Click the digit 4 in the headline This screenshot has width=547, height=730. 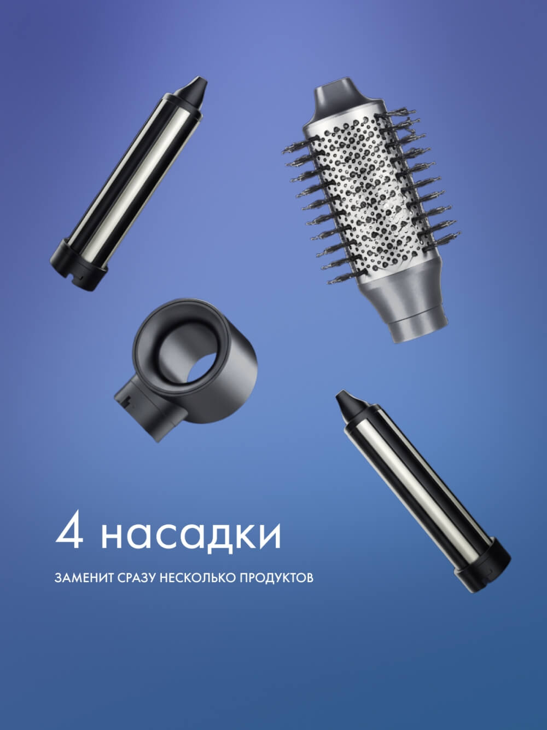69,530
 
